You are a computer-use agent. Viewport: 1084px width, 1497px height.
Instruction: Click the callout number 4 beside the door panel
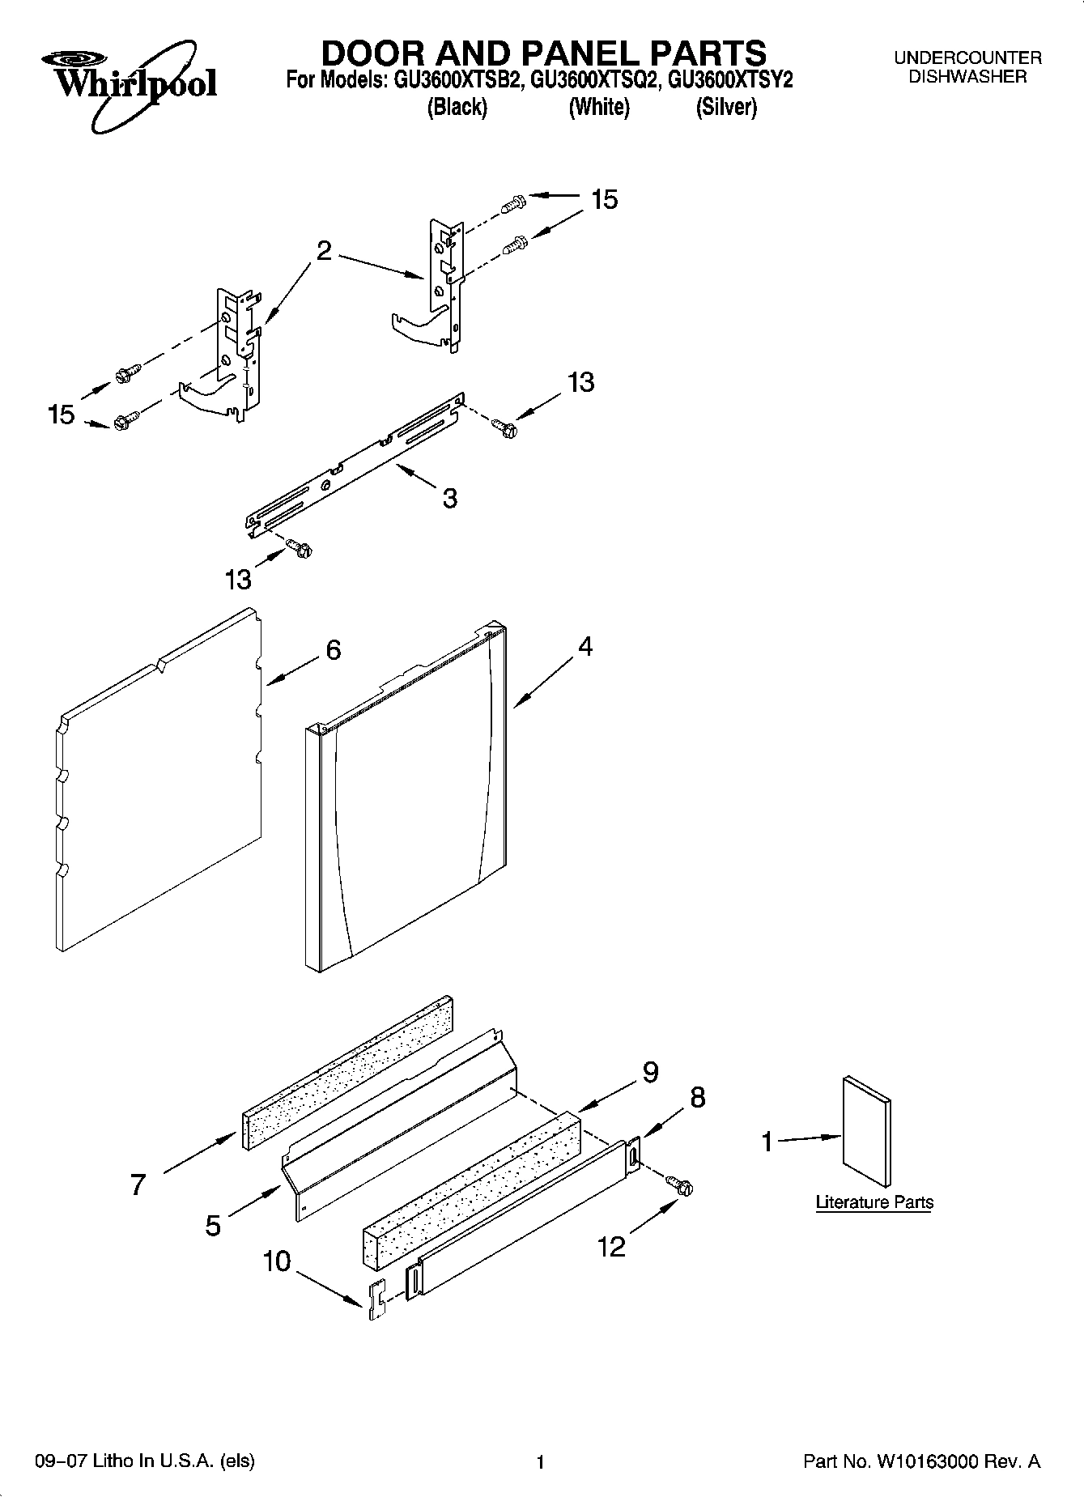point(585,646)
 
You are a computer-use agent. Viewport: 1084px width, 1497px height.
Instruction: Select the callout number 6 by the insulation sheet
point(333,649)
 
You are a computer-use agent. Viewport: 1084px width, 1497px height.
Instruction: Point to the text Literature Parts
point(874,1202)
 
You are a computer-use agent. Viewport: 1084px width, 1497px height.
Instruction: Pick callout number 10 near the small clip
point(277,1261)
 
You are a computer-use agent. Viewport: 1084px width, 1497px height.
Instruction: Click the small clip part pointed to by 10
point(376,1301)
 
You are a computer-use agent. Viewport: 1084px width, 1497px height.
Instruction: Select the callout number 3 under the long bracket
point(449,497)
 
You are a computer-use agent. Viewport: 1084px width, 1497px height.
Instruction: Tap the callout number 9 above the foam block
point(650,1072)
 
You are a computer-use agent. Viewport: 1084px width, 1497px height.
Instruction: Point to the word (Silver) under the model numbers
point(726,107)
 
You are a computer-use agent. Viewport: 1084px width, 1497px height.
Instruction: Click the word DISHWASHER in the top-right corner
point(967,77)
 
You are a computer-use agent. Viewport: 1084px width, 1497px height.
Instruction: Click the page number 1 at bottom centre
point(541,1462)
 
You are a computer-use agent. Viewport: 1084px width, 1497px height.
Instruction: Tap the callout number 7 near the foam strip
point(138,1184)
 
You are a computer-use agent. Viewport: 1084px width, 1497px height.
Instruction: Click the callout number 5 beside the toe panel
point(212,1226)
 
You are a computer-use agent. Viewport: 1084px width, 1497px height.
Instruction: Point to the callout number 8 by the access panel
point(697,1097)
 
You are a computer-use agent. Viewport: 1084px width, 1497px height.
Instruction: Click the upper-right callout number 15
point(604,198)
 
